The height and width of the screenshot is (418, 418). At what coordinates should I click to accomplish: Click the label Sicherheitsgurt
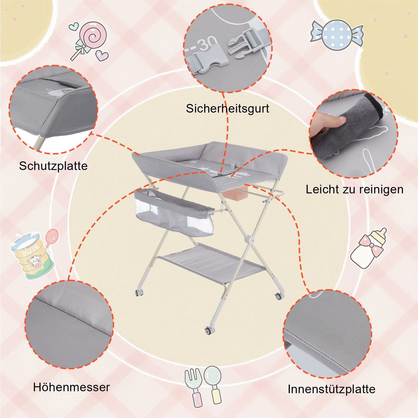(x=227, y=108)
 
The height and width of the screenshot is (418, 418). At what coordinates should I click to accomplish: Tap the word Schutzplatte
(x=53, y=166)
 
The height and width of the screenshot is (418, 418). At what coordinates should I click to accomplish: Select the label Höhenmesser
(x=71, y=387)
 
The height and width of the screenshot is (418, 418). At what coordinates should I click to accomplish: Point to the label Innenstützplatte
(x=331, y=389)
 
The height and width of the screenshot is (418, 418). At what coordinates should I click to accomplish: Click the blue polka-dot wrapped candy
(x=337, y=35)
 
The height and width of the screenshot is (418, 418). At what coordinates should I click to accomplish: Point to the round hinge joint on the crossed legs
(x=249, y=239)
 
